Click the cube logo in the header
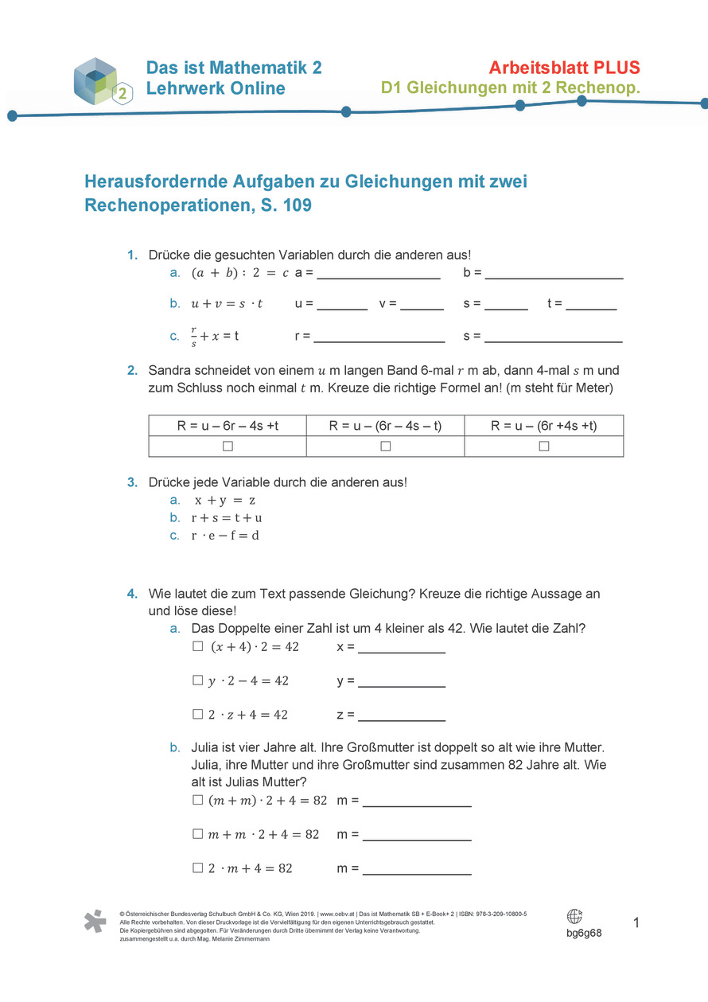coord(97,80)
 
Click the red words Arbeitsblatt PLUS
coord(564,68)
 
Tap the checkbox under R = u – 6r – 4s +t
coord(228,446)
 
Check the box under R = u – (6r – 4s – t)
coord(385,446)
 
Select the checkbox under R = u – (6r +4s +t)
coord(544,446)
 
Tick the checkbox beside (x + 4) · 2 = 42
coord(197,647)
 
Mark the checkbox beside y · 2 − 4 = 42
coord(197,680)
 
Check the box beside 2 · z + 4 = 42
coord(197,715)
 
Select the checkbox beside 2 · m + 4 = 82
coord(197,868)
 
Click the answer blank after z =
coord(402,717)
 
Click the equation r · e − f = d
coord(225,536)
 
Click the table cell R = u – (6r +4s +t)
coord(544,426)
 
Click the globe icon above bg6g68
coord(574,916)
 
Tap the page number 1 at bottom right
coord(636,923)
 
